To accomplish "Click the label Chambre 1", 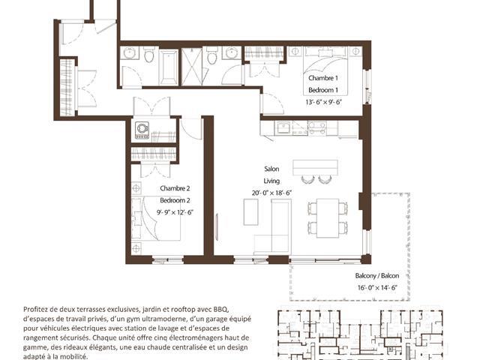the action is pyautogui.click(x=323, y=78).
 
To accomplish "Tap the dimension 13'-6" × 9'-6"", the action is pyautogui.click(x=323, y=102).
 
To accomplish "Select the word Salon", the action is pyautogui.click(x=271, y=169).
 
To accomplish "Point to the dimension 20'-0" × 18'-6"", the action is pyautogui.click(x=271, y=193).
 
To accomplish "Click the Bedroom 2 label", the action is pyautogui.click(x=175, y=200).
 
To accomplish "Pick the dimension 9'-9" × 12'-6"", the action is pyautogui.click(x=175, y=212).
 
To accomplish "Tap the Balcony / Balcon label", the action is pyautogui.click(x=377, y=275).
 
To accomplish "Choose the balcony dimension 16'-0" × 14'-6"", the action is pyautogui.click(x=377, y=288).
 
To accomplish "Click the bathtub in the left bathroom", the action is pyautogui.click(x=168, y=67).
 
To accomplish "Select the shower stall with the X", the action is pyautogui.click(x=192, y=67).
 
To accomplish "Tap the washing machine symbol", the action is pyautogui.click(x=142, y=130).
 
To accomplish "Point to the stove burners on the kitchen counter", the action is pyautogui.click(x=316, y=128).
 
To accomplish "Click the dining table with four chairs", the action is pyautogui.click(x=328, y=218).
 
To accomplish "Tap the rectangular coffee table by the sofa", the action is pyautogui.click(x=250, y=212).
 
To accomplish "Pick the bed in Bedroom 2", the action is pyautogui.click(x=156, y=218).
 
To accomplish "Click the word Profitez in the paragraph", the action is pyautogui.click(x=34, y=309).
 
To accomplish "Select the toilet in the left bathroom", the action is pyautogui.click(x=149, y=55).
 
